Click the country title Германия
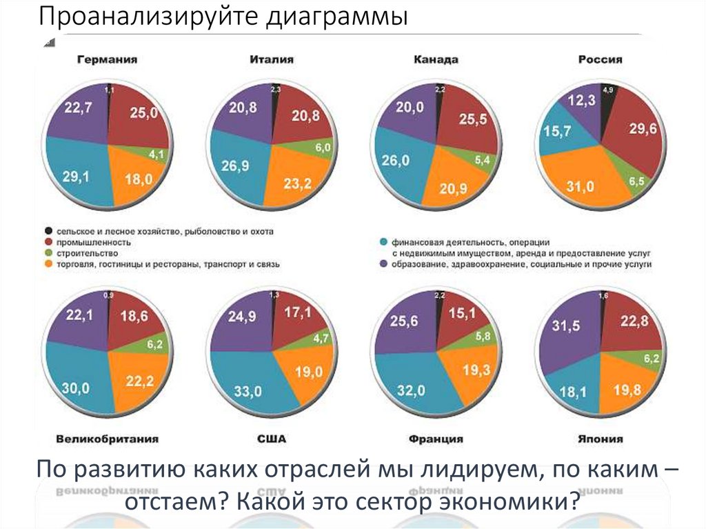point(107,60)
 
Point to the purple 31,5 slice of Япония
point(570,331)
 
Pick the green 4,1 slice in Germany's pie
point(155,154)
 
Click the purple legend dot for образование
point(383,264)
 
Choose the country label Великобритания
point(107,439)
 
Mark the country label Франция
point(435,439)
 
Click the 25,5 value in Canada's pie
point(472,119)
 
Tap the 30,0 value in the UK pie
point(77,388)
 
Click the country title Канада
point(436,60)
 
